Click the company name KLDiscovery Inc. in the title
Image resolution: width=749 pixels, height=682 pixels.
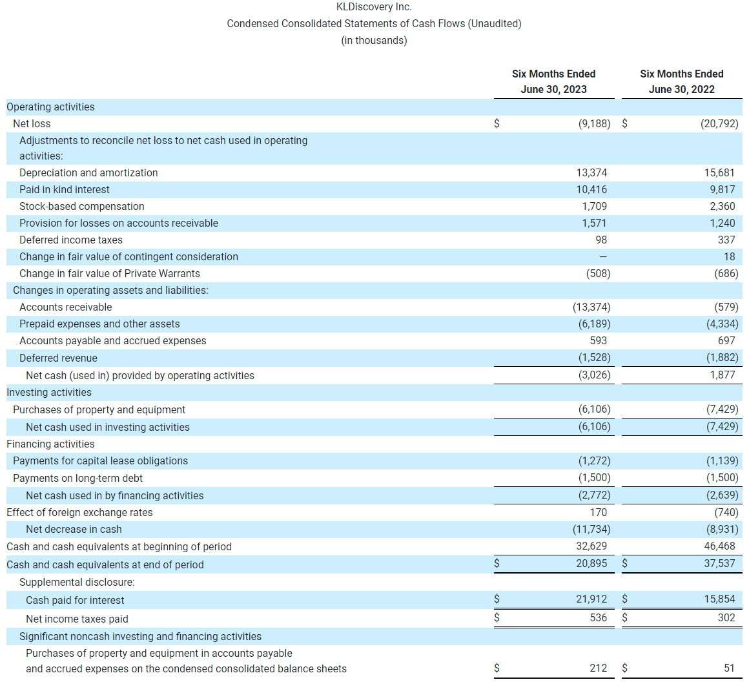pos(374,7)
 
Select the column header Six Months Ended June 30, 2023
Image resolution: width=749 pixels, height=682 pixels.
pos(553,81)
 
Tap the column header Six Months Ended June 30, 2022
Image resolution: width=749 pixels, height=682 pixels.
pos(681,81)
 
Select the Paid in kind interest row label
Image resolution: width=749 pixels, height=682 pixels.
pos(65,189)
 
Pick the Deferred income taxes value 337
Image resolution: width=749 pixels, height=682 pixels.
pos(726,240)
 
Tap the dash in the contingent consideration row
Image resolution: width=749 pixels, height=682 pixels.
pos(603,256)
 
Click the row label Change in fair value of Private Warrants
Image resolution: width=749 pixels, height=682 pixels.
pos(110,273)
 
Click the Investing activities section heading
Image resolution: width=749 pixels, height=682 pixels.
pos(49,392)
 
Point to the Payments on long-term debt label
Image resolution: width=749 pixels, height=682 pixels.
pos(77,478)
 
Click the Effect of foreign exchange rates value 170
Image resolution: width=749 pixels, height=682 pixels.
pos(598,512)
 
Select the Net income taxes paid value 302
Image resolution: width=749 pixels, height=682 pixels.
pos(726,617)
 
